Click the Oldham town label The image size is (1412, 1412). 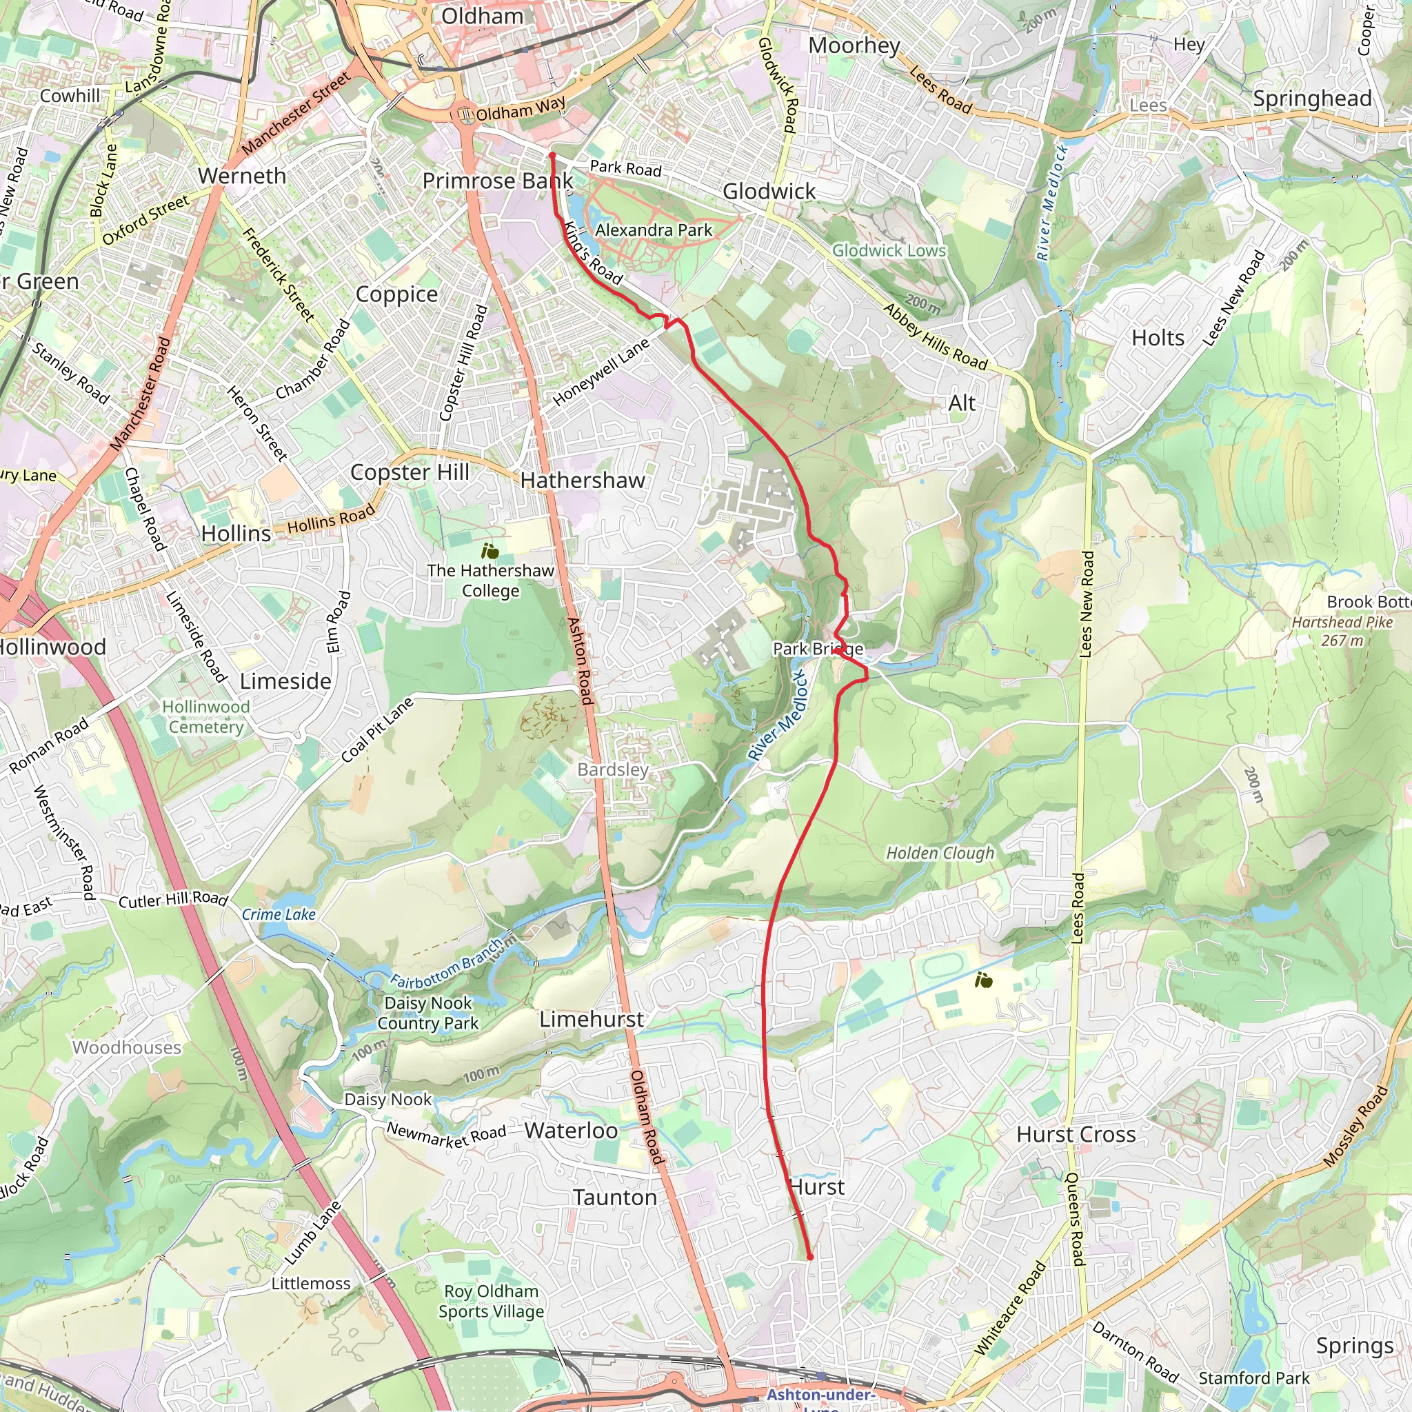pos(483,16)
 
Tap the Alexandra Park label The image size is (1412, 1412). pos(654,230)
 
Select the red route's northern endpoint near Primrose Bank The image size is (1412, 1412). pos(552,156)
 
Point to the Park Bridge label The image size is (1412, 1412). pos(818,648)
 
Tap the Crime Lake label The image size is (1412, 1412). pos(279,914)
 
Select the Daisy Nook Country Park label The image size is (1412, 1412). pos(428,1013)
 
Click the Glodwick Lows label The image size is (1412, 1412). pos(889,251)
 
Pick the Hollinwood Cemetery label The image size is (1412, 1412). pos(205,717)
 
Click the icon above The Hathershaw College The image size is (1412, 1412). pos(490,551)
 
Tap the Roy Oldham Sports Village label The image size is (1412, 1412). pos(491,1302)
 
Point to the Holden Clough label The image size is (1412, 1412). pos(940,853)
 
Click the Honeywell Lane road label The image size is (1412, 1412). pos(601,372)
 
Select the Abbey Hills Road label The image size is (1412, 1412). pos(936,337)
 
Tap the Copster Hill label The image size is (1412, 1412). pos(410,472)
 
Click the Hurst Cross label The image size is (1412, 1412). pos(1076,1134)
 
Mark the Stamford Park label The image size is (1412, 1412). pos(1253,1378)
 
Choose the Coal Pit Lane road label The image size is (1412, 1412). pos(377,730)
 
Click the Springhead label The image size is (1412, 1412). pos(1312,99)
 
